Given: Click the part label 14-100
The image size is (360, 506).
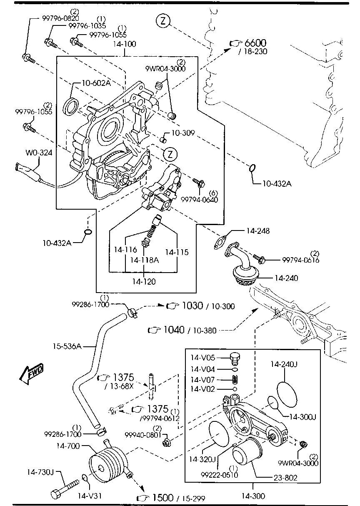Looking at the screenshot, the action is click(x=125, y=44).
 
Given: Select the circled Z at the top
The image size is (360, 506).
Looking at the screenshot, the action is click(x=163, y=21).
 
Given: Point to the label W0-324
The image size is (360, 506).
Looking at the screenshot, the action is click(x=39, y=153).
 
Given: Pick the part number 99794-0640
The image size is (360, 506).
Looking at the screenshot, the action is click(x=200, y=200).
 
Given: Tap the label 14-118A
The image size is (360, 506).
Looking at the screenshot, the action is click(x=145, y=260).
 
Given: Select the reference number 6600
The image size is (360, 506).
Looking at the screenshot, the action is click(x=255, y=43).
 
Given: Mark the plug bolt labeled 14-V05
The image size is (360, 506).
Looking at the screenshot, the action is click(x=235, y=358).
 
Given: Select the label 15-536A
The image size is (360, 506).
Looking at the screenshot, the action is click(x=67, y=346).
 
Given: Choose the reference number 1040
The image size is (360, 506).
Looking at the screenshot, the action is click(x=174, y=330).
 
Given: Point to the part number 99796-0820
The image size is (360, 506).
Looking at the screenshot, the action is click(x=61, y=18).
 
